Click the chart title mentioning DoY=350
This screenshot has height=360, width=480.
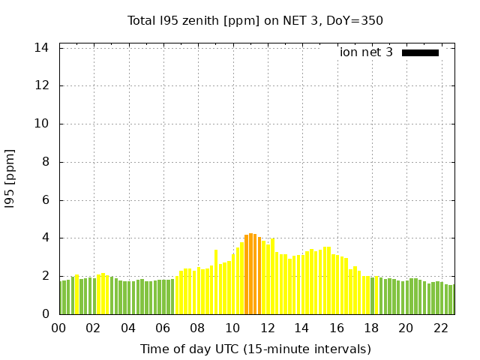pyautogui.click(x=255, y=20)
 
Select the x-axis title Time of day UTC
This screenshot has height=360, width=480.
pyautogui.click(x=255, y=349)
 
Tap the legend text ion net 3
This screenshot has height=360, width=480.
pyautogui.click(x=366, y=52)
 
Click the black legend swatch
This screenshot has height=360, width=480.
pyautogui.click(x=420, y=52)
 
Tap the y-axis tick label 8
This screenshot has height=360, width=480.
pyautogui.click(x=46, y=162)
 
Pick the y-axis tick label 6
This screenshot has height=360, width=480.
pyautogui.click(x=46, y=200)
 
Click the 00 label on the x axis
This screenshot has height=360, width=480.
pyautogui.click(x=59, y=328)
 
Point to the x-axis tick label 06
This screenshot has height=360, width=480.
pyautogui.click(x=163, y=328)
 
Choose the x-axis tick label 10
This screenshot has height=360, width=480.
pyautogui.click(x=232, y=328)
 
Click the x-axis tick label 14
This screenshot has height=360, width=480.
pyautogui.click(x=301, y=328)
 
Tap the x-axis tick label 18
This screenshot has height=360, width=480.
pyautogui.click(x=370, y=328)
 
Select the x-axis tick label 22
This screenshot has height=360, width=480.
pyautogui.click(x=440, y=328)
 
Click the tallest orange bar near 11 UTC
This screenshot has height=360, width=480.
pyautogui.click(x=251, y=274)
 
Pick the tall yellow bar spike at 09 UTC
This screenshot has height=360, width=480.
pyautogui.click(x=216, y=282)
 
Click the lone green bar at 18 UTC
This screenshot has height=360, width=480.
pyautogui.click(x=372, y=295)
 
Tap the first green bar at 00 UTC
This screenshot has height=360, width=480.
pyautogui.click(x=62, y=298)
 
